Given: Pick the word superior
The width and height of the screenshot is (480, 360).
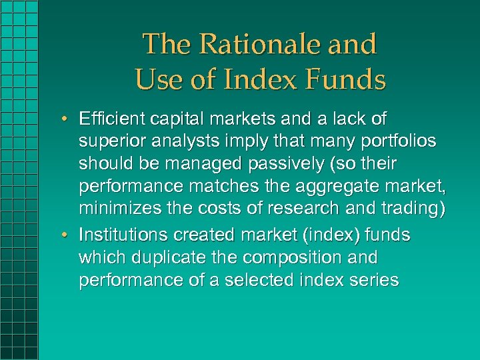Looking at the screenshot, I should click(x=107, y=141).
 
